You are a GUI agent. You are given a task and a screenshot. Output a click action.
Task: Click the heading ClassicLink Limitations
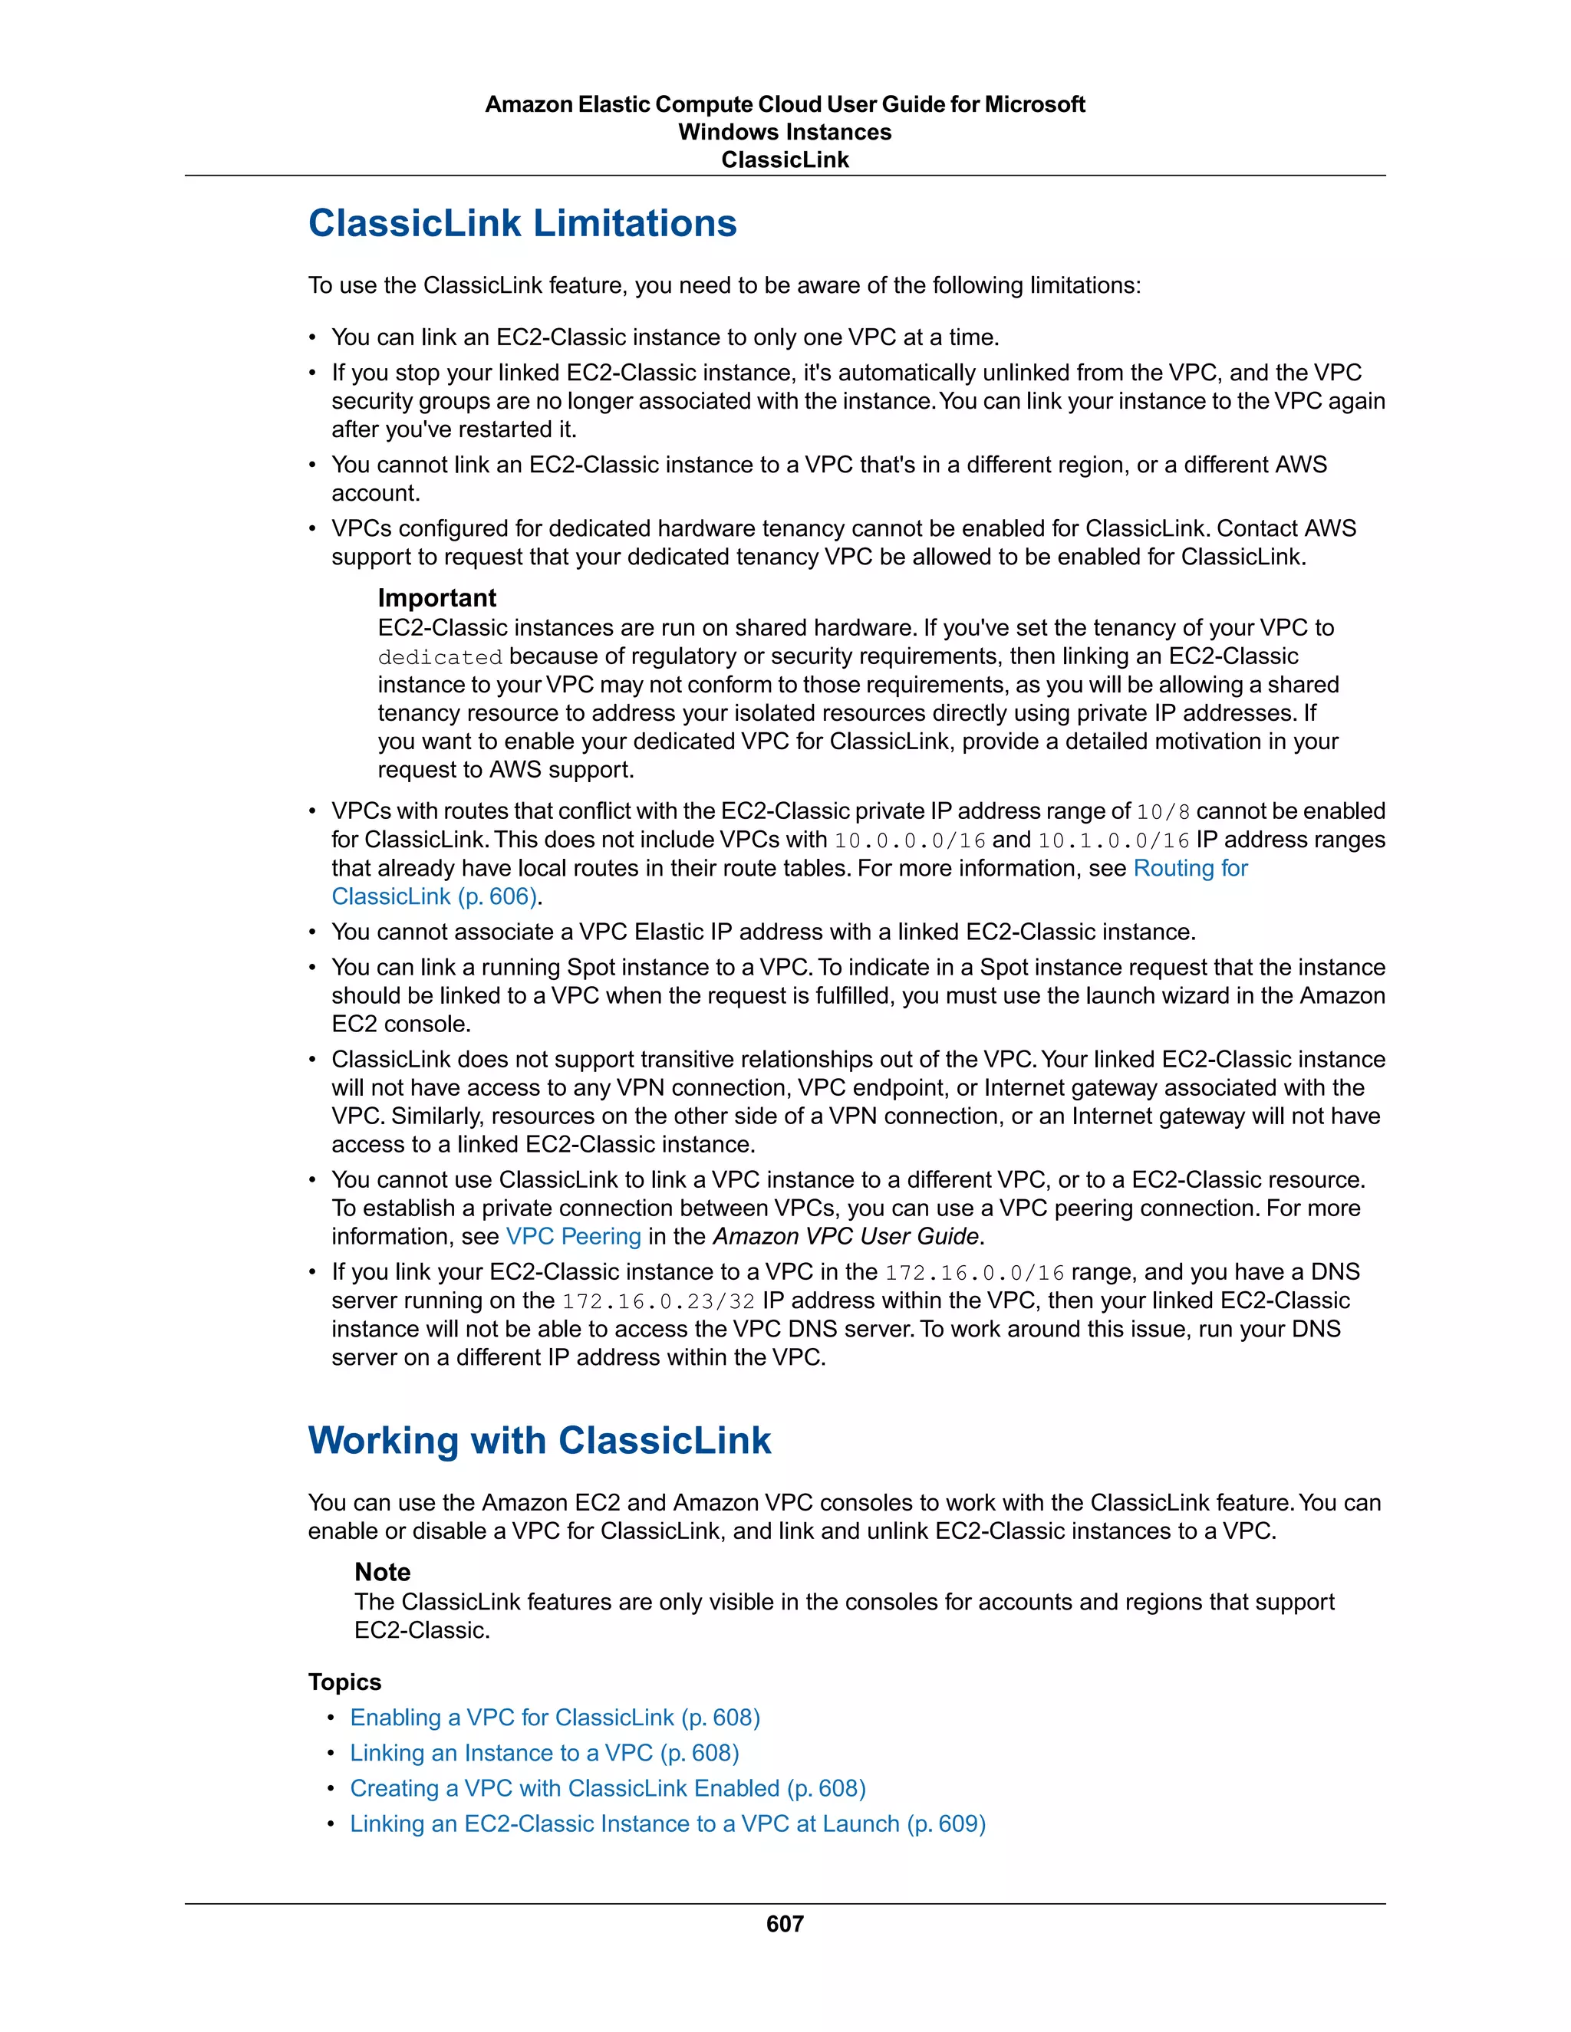522,223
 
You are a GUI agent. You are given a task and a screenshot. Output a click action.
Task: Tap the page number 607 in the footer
785,1923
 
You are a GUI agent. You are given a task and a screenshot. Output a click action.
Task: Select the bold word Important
436,597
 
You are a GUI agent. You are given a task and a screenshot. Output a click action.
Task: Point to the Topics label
344,1682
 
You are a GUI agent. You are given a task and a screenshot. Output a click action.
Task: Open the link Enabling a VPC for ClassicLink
555,1717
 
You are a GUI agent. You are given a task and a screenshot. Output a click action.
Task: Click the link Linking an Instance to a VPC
545,1752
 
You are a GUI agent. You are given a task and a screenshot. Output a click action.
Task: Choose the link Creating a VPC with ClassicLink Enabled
608,1787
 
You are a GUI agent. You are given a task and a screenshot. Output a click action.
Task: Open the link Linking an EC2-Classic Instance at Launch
667,1823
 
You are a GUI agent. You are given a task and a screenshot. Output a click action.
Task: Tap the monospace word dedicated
440,657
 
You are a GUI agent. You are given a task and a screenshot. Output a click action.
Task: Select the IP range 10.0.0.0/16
909,840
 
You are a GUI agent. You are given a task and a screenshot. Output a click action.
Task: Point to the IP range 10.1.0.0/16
1113,840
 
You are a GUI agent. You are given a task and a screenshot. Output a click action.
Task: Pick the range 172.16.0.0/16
973,1272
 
